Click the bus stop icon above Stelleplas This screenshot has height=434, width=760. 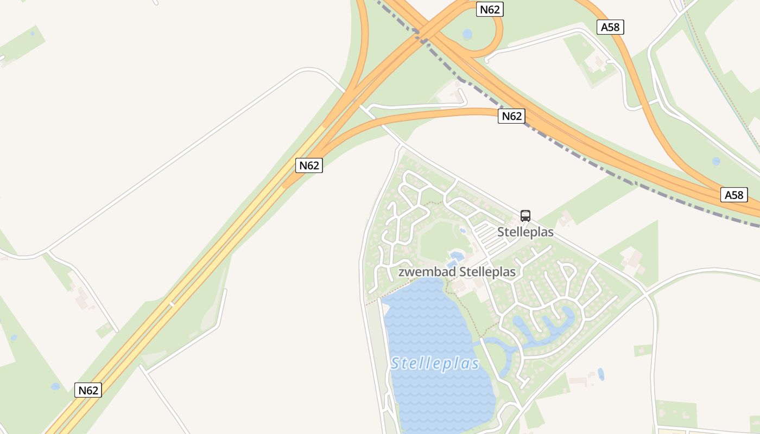(x=525, y=215)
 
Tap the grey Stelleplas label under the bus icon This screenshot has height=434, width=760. (x=525, y=232)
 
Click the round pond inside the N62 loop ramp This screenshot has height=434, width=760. (x=467, y=34)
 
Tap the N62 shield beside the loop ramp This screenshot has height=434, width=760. (x=490, y=9)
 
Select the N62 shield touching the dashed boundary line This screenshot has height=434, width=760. (x=511, y=116)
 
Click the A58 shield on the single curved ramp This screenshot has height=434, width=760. (x=610, y=27)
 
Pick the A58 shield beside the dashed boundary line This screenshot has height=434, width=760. (x=734, y=195)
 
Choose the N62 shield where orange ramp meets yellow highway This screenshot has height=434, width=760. (x=309, y=165)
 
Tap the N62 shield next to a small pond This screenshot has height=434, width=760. (x=88, y=390)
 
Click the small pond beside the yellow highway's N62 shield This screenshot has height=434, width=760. (x=55, y=386)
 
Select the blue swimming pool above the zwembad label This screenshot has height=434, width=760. (x=455, y=256)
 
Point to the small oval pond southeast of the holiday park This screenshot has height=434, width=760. (x=601, y=374)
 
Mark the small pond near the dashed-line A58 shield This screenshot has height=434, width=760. (x=716, y=161)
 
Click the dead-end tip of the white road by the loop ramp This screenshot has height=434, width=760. (x=486, y=60)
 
